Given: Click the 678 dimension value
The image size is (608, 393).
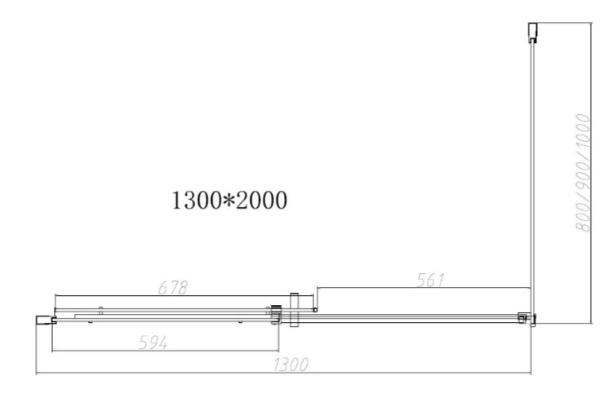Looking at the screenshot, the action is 173,288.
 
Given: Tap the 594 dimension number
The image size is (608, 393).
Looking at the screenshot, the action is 153,342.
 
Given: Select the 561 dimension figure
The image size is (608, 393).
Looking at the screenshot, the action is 430,280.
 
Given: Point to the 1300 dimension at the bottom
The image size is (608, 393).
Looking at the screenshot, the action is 291,364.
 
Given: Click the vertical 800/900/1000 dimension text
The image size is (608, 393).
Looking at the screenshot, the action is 582,173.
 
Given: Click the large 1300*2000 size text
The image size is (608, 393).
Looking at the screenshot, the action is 229,201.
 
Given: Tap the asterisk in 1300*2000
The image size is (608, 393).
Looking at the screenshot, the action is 229,200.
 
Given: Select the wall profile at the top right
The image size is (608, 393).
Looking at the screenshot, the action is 533,32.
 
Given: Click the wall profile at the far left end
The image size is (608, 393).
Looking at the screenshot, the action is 46,320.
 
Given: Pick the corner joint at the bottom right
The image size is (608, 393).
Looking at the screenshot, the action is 527,319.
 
